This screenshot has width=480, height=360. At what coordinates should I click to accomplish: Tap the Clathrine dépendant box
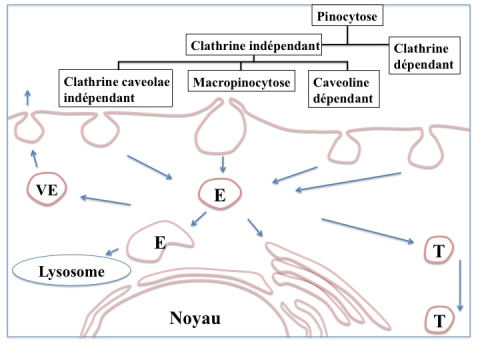423,56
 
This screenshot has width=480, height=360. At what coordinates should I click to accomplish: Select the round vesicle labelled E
220,194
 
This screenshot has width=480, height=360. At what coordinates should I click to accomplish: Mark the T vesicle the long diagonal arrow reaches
438,251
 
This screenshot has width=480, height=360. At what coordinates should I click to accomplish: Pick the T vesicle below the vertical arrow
438,318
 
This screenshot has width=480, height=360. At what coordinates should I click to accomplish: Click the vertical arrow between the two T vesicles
460,285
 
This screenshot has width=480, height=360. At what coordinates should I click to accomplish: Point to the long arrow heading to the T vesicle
367,230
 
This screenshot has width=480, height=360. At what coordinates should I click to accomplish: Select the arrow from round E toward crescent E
198,219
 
